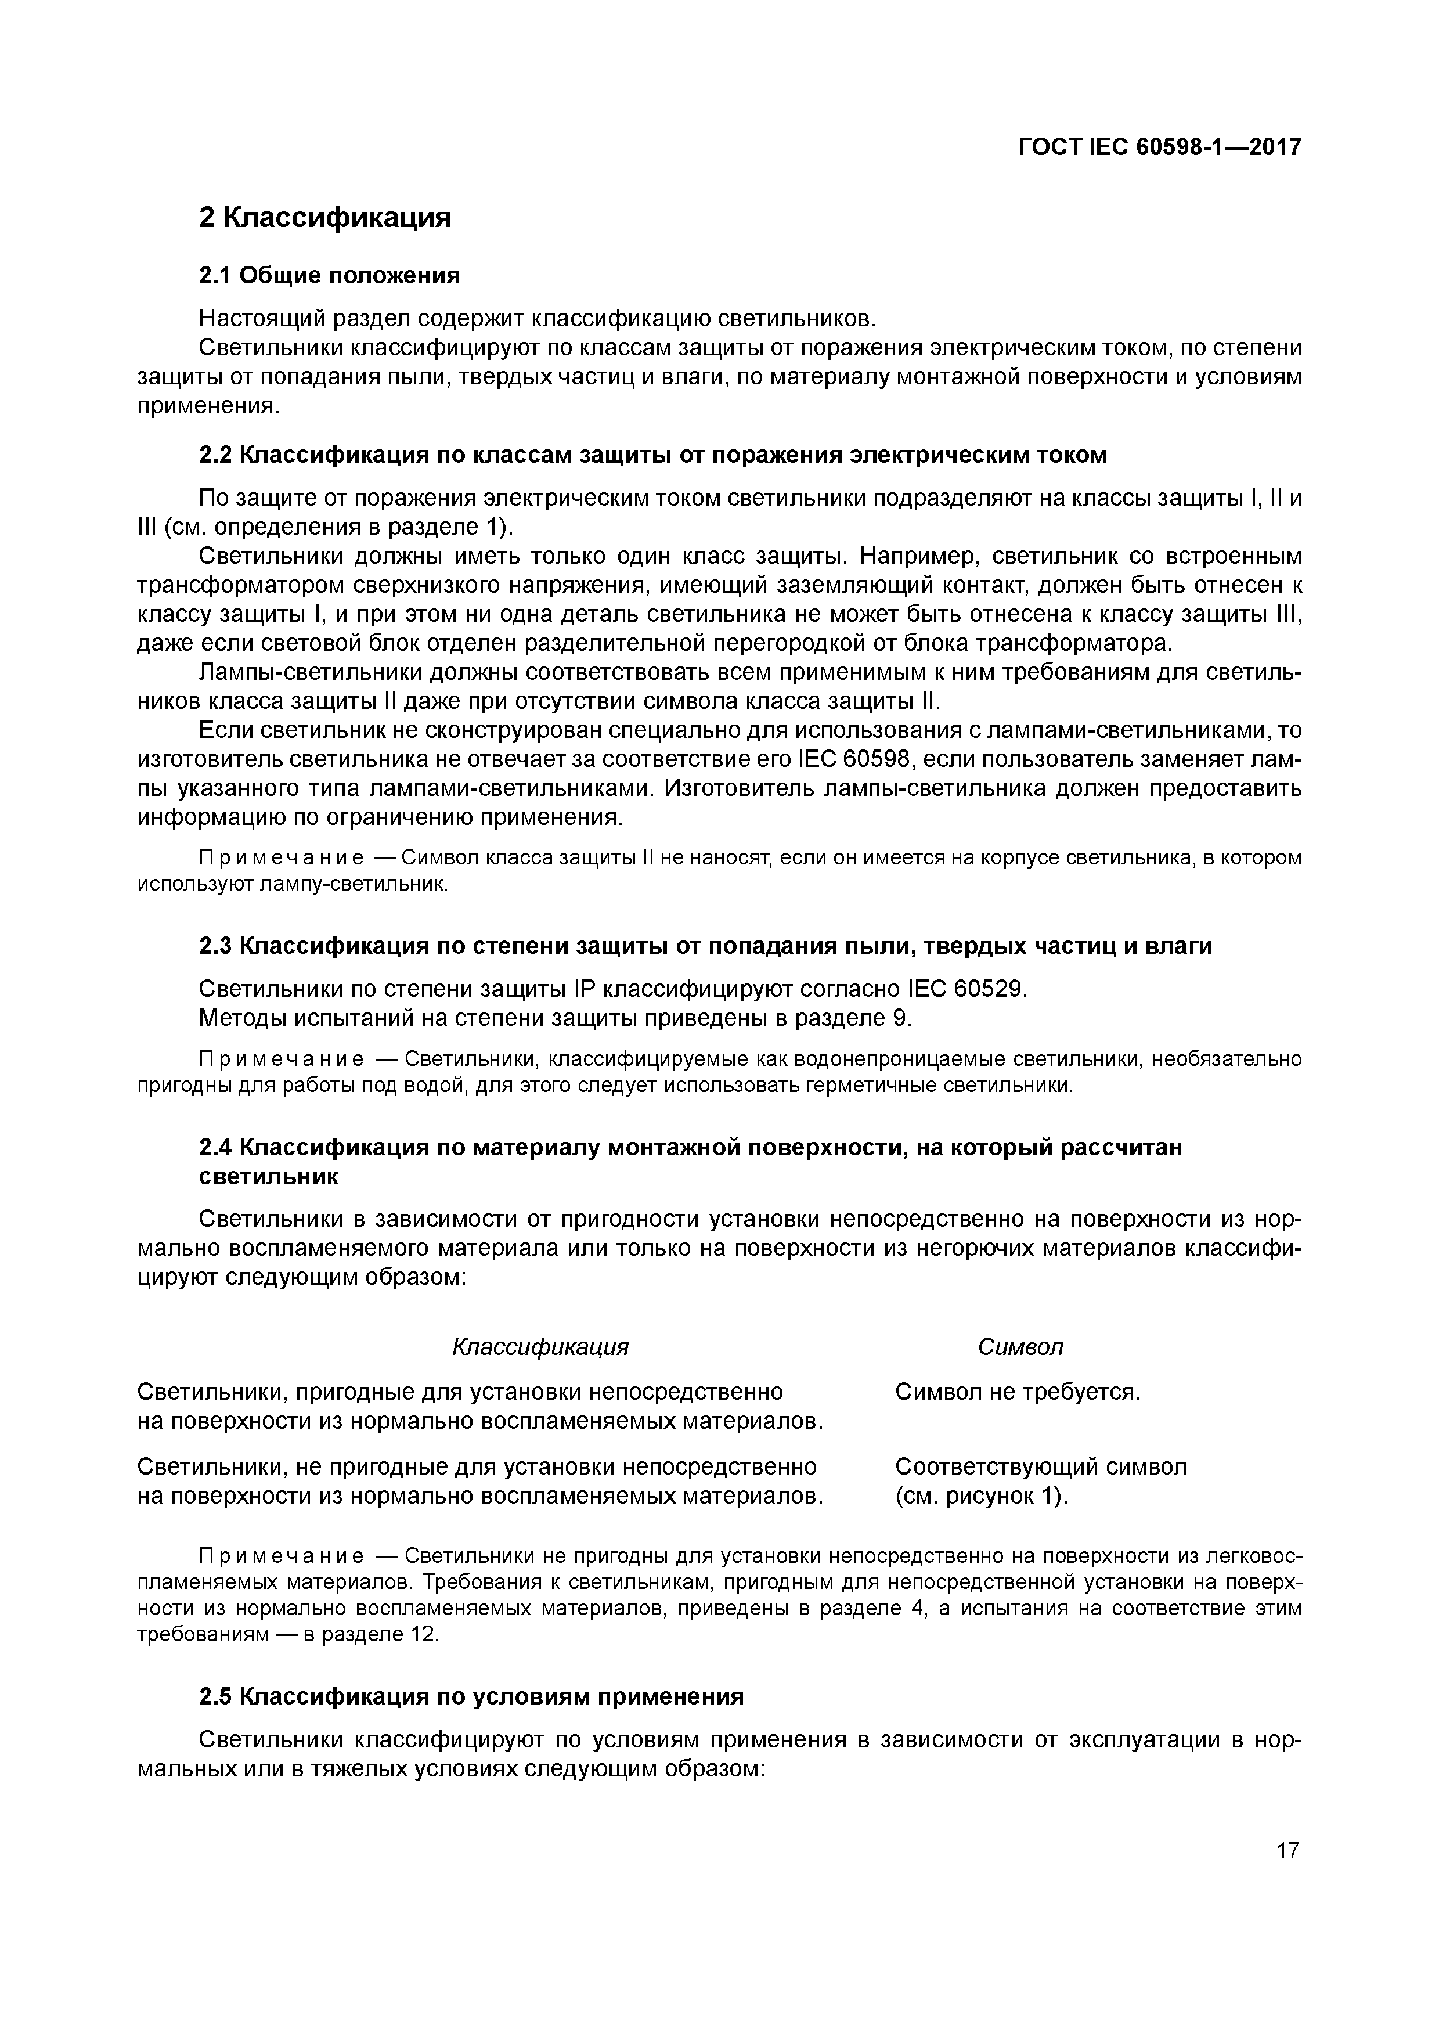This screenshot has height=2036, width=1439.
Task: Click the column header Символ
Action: (x=1020, y=1347)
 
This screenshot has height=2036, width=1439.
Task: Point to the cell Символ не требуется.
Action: (x=1017, y=1392)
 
